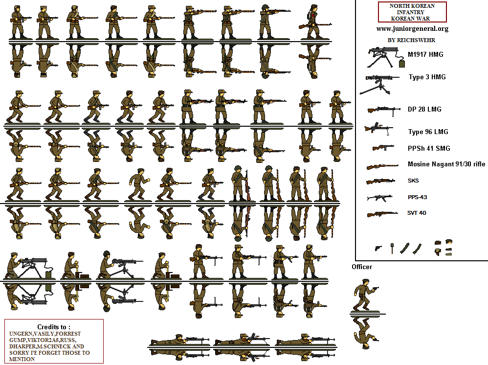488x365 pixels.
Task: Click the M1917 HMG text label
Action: point(425,54)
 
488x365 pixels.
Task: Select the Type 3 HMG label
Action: point(427,77)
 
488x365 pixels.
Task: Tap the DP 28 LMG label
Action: point(424,109)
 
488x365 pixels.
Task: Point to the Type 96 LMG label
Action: point(428,132)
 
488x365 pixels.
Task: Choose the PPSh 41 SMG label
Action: point(429,148)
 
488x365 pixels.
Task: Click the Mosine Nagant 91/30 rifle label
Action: point(446,164)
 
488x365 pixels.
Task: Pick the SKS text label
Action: point(413,181)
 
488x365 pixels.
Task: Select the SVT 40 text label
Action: point(416,213)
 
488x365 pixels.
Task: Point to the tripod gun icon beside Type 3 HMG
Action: point(381,84)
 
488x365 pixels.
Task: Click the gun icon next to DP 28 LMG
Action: point(384,110)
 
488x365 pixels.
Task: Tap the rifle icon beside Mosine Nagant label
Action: point(382,166)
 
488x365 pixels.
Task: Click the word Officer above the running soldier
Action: point(362,267)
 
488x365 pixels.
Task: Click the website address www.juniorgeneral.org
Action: point(412,28)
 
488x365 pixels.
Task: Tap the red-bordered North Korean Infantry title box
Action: point(412,12)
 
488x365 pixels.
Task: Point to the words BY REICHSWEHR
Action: point(411,40)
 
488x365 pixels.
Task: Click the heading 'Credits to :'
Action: point(54,327)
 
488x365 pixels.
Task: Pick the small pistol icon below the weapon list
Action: point(378,248)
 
